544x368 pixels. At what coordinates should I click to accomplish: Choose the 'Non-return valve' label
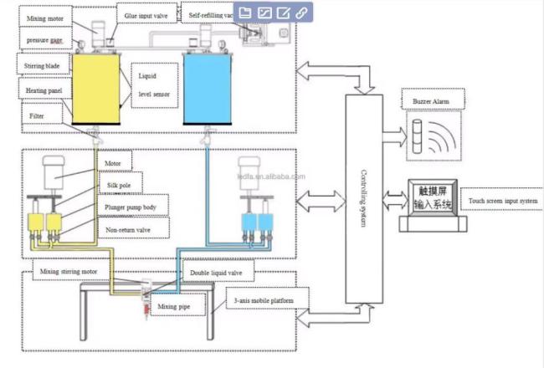click(x=127, y=227)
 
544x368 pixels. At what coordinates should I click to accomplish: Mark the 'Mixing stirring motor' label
click(x=75, y=272)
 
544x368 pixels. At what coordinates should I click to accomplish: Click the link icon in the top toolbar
click(x=301, y=13)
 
